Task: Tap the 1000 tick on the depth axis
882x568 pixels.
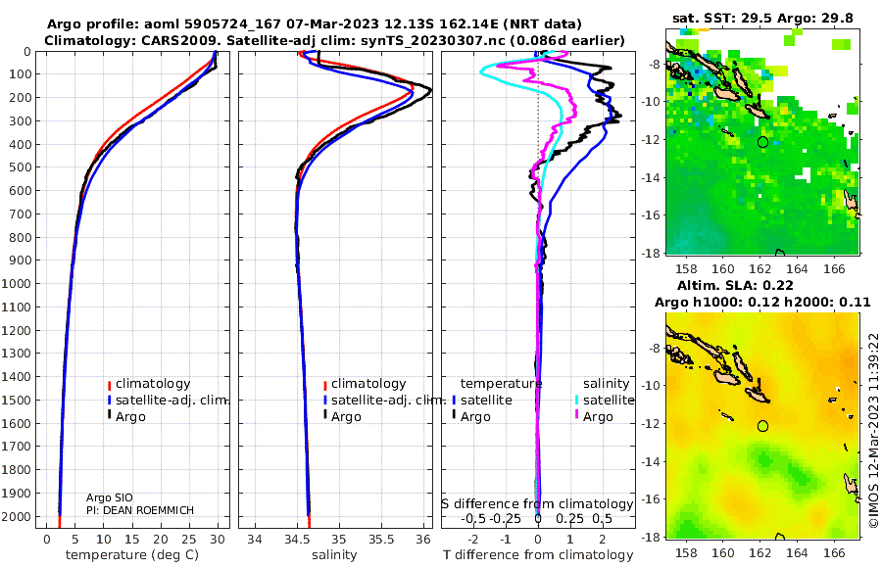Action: click(x=17, y=284)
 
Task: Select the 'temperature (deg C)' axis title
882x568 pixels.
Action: click(x=132, y=555)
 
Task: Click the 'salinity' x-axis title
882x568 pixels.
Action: click(x=334, y=555)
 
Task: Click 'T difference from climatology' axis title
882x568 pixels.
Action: click(x=538, y=555)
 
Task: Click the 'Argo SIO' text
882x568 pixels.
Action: click(x=109, y=497)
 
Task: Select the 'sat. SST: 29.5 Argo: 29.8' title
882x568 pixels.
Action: click(x=762, y=18)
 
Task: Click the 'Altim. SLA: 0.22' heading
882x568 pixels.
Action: click(x=735, y=285)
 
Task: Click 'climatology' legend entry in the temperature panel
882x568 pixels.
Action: click(x=149, y=384)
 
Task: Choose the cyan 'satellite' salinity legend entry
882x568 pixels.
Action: click(x=604, y=401)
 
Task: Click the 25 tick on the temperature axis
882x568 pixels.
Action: click(x=189, y=540)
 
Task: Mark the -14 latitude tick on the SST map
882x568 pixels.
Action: click(x=652, y=177)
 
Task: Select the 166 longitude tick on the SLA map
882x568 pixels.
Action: click(x=834, y=553)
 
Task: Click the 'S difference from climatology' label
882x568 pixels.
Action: click(x=537, y=504)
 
